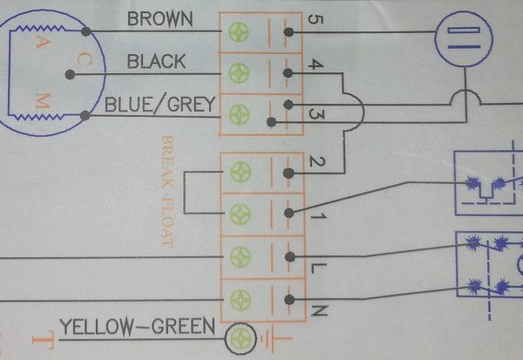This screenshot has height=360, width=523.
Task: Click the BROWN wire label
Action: pyautogui.click(x=160, y=19)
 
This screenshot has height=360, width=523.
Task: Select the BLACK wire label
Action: pyautogui.click(x=156, y=61)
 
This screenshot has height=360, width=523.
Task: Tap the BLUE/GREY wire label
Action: pyautogui.click(x=160, y=104)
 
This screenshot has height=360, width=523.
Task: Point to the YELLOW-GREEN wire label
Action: pyautogui.click(x=138, y=327)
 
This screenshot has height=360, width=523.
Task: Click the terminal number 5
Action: pyautogui.click(x=315, y=19)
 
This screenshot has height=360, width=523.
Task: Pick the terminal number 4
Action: pyautogui.click(x=316, y=64)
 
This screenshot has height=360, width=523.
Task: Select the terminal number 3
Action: pyautogui.click(x=316, y=114)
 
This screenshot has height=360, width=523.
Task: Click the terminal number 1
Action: pyautogui.click(x=318, y=216)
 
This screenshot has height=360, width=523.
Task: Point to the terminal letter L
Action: pyautogui.click(x=318, y=268)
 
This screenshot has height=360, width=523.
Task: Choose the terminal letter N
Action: pyautogui.click(x=319, y=310)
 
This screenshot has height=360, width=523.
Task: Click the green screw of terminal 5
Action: pyautogui.click(x=239, y=32)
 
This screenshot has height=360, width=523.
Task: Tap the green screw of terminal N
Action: pyautogui.click(x=241, y=300)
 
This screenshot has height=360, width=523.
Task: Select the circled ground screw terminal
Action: pyautogui.click(x=241, y=338)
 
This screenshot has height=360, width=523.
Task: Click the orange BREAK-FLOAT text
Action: pyautogui.click(x=167, y=191)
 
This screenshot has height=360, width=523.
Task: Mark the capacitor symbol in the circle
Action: pyautogui.click(x=464, y=38)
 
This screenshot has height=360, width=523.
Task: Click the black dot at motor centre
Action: pyautogui.click(x=70, y=74)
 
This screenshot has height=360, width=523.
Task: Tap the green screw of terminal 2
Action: pyautogui.click(x=241, y=172)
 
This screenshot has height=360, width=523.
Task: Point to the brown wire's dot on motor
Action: pyautogui.click(x=86, y=31)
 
